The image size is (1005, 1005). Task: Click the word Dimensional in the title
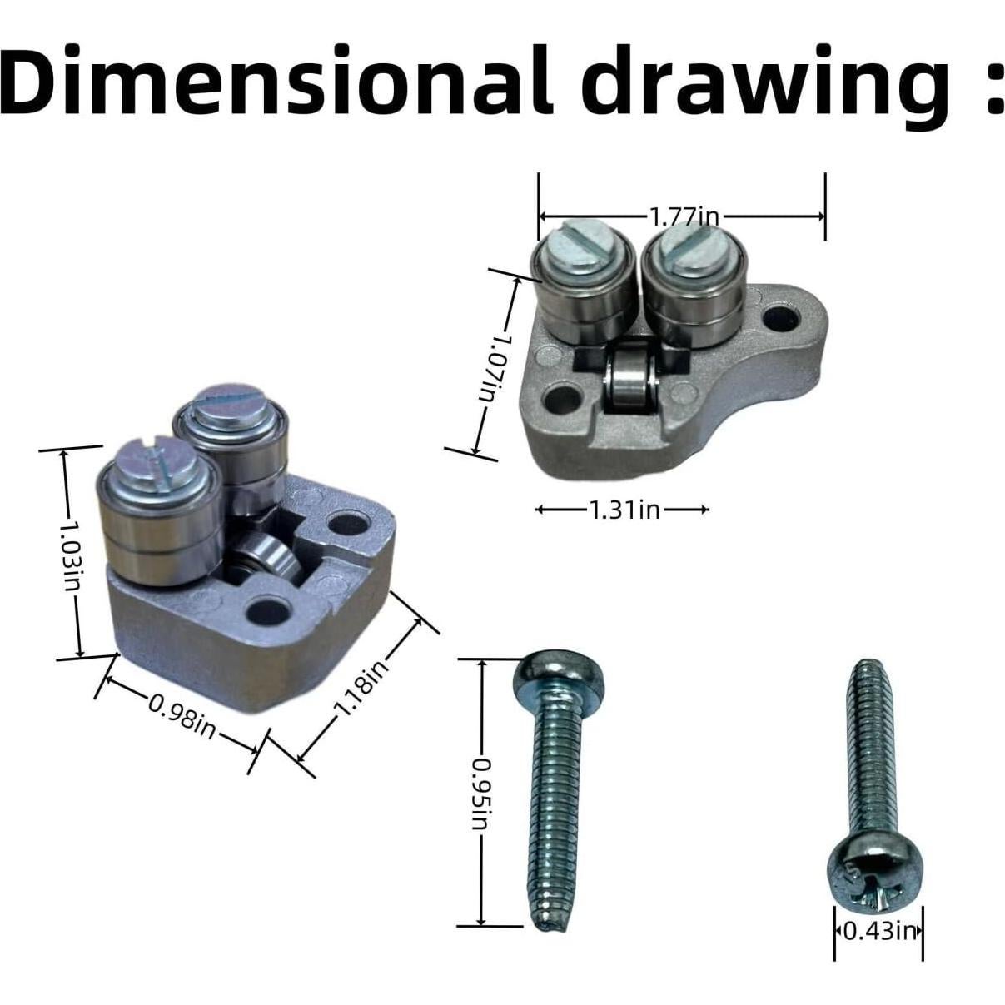[x=277, y=79]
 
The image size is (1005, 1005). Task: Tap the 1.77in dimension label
[x=684, y=216]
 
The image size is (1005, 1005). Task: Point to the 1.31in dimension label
[x=624, y=510]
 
